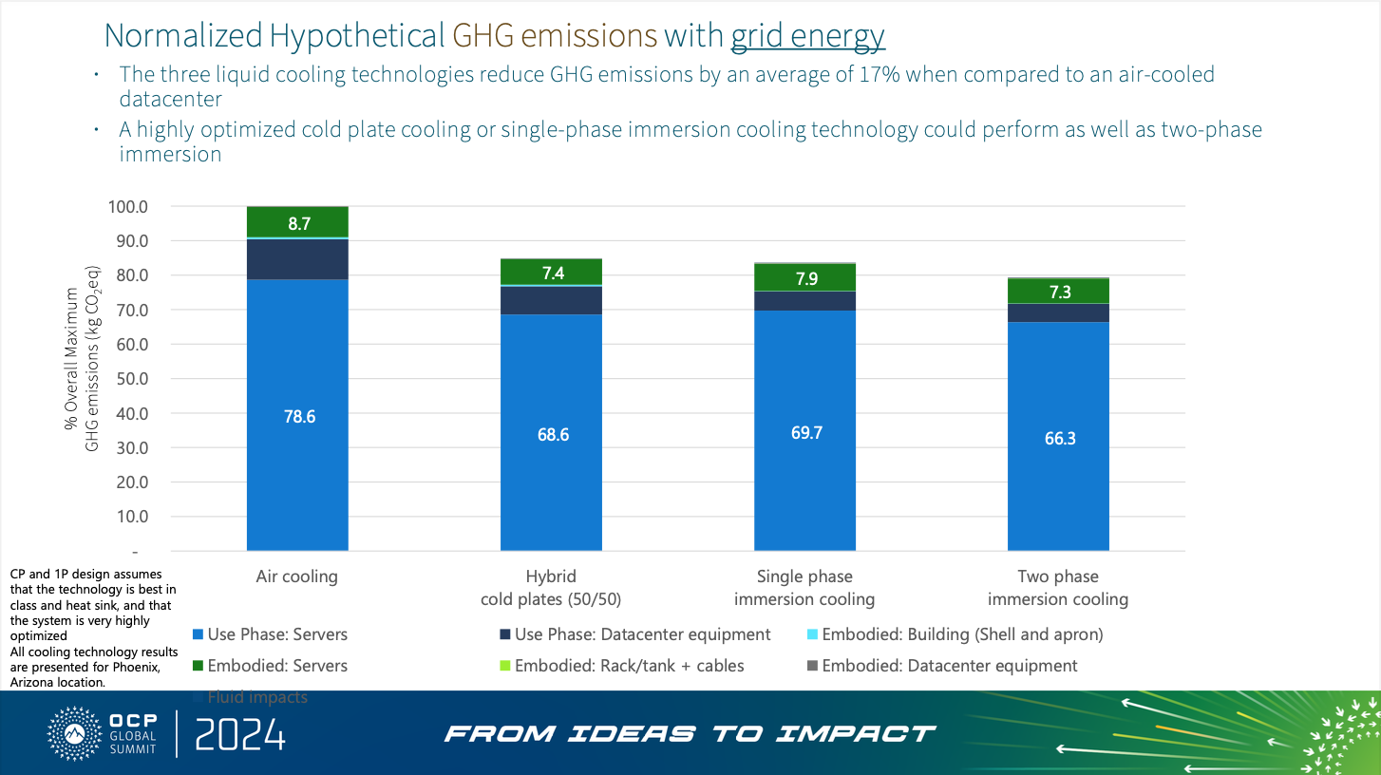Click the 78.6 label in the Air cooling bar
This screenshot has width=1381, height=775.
(x=299, y=416)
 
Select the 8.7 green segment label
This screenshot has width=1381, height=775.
(x=299, y=224)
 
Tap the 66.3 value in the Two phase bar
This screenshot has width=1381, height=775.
(x=1059, y=439)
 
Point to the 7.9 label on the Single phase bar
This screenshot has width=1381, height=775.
(x=805, y=278)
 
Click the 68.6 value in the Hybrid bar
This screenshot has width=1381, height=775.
(x=551, y=434)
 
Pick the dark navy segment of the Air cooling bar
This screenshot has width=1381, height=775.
(x=297, y=259)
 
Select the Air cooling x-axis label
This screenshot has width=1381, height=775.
(x=296, y=577)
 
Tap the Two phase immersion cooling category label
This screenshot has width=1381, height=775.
(x=1058, y=588)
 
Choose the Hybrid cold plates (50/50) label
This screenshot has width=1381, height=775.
(x=551, y=588)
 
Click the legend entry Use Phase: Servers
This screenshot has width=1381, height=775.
(x=270, y=634)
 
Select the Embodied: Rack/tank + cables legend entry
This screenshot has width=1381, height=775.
(x=621, y=666)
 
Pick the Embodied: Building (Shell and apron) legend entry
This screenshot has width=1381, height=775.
(x=954, y=634)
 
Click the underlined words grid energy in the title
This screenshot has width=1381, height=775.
(x=807, y=35)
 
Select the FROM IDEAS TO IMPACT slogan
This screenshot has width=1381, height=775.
(x=690, y=734)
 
